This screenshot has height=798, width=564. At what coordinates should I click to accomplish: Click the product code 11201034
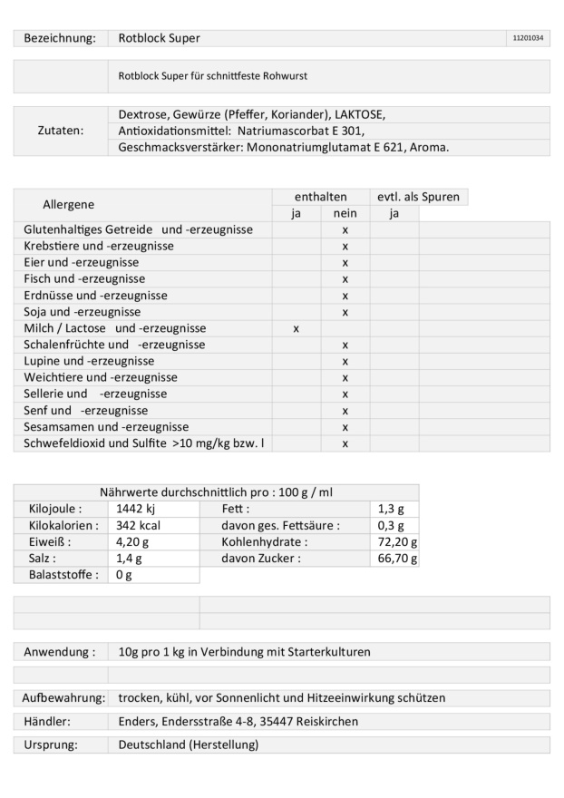[x=528, y=38]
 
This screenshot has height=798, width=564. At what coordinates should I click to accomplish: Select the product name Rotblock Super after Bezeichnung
[x=159, y=38]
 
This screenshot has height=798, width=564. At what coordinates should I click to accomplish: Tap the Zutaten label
[x=60, y=131]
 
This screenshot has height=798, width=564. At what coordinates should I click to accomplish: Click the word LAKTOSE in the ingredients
[x=360, y=114]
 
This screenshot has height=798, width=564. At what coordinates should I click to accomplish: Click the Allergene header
[x=68, y=205]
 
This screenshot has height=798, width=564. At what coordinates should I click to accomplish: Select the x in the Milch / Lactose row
[x=296, y=328]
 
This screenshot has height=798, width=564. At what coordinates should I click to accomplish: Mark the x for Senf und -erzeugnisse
[x=345, y=411]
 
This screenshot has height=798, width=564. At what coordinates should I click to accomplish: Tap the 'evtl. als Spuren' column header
[x=418, y=197]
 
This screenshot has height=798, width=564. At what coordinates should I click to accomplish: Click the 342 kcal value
[x=139, y=526]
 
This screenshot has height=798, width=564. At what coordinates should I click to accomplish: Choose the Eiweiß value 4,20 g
[x=133, y=542]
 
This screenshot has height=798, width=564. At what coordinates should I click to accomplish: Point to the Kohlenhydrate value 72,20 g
[x=397, y=542]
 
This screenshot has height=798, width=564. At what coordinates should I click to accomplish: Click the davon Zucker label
[x=260, y=559]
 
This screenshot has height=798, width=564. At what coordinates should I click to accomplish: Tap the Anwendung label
[x=60, y=652]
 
